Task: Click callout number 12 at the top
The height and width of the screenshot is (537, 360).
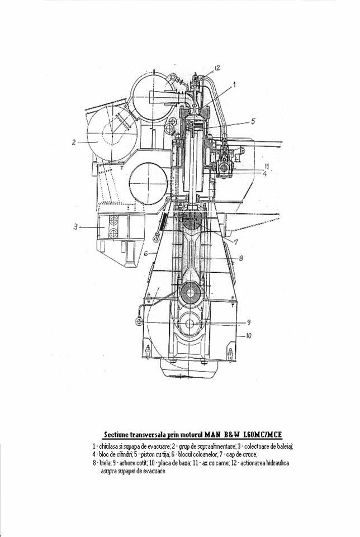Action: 217,68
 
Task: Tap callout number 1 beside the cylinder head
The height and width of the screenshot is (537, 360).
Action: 234,84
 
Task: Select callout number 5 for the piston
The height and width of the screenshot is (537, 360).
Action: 253,121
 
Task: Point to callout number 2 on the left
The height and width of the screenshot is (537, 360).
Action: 74,142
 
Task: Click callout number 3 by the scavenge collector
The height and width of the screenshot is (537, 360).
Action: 75,227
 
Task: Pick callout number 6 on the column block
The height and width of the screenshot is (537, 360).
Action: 145,254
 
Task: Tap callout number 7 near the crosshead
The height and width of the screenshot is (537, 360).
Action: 236,242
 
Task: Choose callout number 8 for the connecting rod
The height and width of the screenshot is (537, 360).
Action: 241,258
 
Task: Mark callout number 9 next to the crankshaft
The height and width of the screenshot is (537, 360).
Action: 249,322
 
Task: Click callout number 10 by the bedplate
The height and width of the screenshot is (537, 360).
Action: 249,336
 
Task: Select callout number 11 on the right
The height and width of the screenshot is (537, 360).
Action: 267,167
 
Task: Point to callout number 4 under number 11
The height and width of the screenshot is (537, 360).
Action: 265,174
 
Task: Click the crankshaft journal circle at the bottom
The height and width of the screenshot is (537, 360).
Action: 190,324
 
